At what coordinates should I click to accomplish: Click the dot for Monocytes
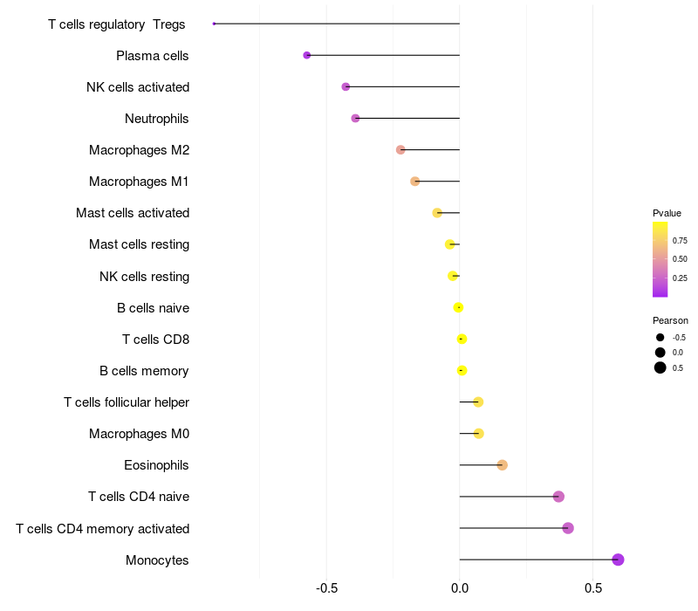[x=618, y=560]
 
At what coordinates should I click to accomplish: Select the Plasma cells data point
[x=307, y=55]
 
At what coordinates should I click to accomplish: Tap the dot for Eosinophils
[x=502, y=465]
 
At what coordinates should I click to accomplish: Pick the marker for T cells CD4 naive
[x=558, y=497]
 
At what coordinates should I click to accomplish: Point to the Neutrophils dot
[x=355, y=118]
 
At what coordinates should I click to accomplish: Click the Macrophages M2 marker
[x=400, y=150]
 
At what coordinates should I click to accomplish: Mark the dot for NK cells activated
[x=346, y=86]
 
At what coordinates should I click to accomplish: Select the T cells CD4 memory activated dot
[x=568, y=528]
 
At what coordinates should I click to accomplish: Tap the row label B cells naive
[x=153, y=308]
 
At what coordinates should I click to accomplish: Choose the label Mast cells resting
[x=139, y=244]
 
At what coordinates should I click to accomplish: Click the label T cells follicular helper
[x=127, y=402]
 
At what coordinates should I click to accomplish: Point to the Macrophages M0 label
[x=139, y=434]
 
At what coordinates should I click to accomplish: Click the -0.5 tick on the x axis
[x=326, y=588]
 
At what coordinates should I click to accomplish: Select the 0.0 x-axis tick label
[x=460, y=588]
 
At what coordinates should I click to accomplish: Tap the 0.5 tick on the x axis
[x=592, y=588]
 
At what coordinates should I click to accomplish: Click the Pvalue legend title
[x=667, y=213]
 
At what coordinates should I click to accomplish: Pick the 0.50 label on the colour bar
[x=680, y=259]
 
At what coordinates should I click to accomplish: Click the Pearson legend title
[x=670, y=320]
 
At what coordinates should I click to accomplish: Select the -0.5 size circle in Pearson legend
[x=660, y=337]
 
